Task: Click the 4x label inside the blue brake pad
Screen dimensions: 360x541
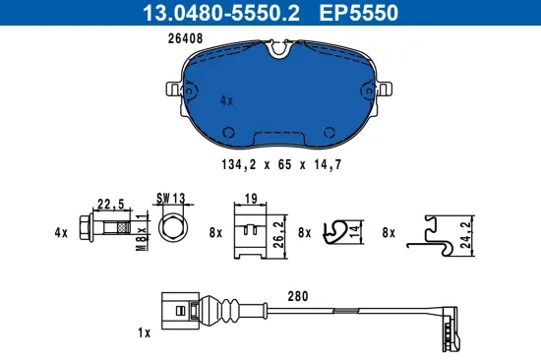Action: [x=226, y=100]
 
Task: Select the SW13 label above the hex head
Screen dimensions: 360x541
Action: [x=171, y=198]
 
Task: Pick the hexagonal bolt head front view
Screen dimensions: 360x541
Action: [x=172, y=230]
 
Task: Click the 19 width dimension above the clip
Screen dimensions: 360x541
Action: [x=251, y=198]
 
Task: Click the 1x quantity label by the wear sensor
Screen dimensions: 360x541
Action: [x=145, y=333]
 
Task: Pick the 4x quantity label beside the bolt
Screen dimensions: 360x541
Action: [x=61, y=232]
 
